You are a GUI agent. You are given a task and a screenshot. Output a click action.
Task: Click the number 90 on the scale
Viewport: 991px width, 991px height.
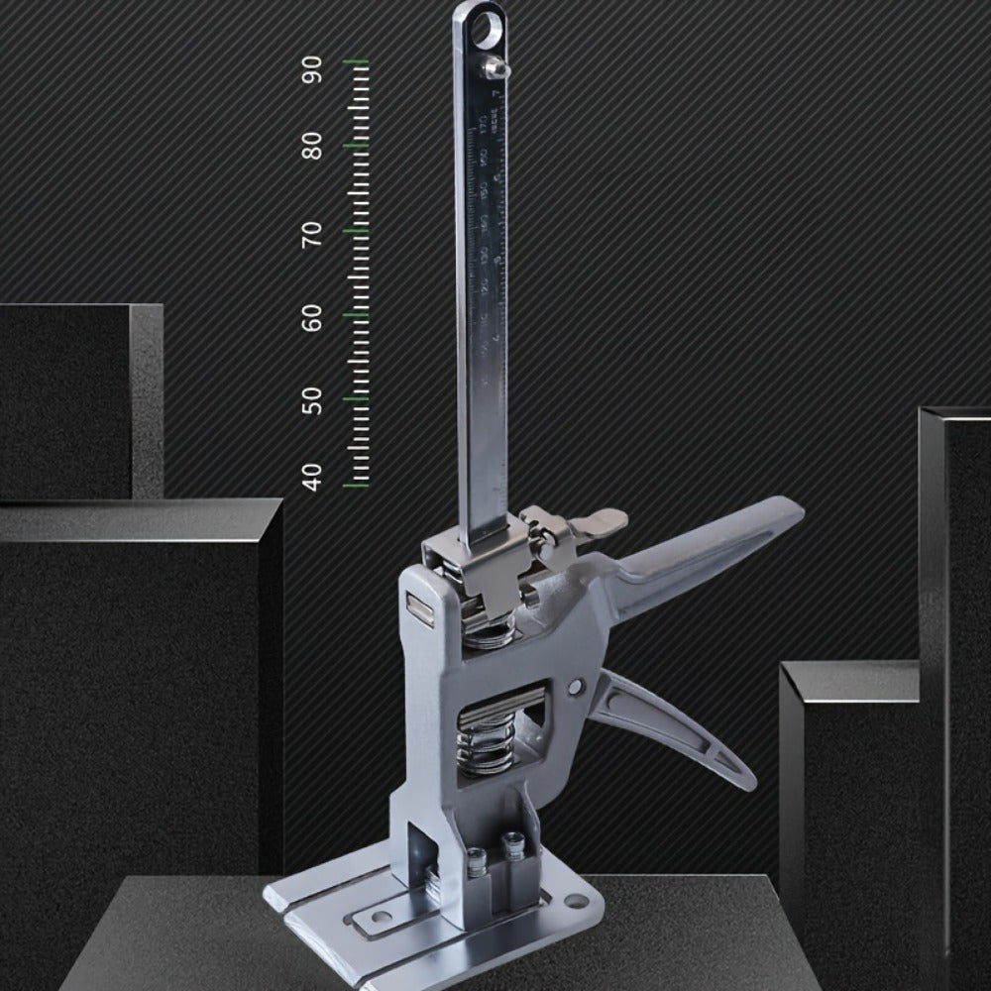tap(313, 70)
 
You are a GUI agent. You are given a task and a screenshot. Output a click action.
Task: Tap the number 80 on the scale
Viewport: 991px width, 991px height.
tap(313, 147)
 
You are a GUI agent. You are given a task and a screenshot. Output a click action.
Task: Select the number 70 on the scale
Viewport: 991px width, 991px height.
tap(313, 234)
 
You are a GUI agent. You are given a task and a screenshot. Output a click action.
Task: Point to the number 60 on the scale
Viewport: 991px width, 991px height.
tap(313, 317)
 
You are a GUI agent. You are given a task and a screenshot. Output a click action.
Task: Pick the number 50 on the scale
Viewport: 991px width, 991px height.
tap(313, 400)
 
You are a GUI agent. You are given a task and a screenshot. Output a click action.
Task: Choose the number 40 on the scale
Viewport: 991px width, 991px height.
tap(313, 477)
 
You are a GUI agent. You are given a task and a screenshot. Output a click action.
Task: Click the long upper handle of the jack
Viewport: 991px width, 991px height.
tap(714, 540)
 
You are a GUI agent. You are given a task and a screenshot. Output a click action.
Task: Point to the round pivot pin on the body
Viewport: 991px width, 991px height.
tap(576, 686)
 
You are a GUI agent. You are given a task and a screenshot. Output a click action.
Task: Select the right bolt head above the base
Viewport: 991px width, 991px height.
tap(512, 844)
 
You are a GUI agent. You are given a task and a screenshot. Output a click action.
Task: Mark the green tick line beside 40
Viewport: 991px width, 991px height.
tap(356, 486)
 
